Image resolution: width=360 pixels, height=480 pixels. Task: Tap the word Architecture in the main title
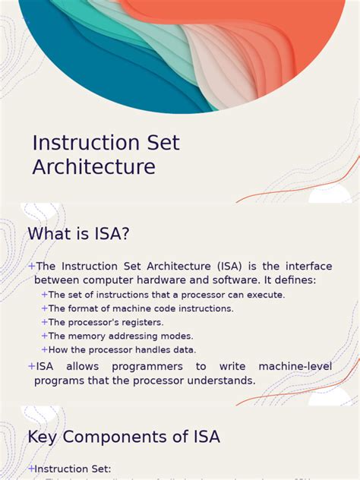point(93,166)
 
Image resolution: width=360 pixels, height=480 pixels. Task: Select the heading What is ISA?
point(79,234)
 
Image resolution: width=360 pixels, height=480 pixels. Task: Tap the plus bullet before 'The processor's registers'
point(45,322)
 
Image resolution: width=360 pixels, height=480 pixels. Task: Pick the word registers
point(141,322)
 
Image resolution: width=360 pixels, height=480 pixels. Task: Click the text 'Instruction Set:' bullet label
point(74,469)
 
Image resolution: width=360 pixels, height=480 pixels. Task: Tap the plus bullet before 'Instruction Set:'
point(31,469)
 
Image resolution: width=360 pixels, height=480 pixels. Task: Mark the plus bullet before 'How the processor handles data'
point(45,349)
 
